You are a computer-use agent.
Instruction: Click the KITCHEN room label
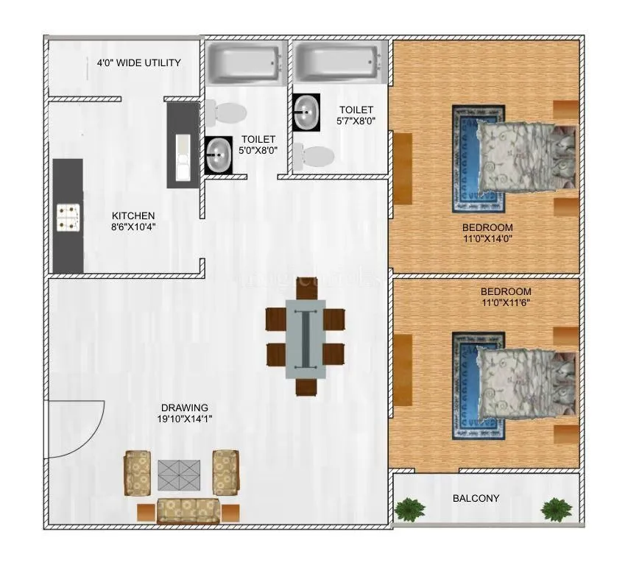[133, 216]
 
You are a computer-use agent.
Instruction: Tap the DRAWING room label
[185, 407]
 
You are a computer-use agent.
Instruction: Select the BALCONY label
[476, 498]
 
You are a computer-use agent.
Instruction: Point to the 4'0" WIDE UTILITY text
[139, 63]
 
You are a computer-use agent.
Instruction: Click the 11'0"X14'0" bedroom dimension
[487, 238]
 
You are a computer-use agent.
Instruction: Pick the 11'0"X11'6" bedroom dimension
[506, 302]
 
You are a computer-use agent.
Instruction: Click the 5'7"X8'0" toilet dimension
[356, 121]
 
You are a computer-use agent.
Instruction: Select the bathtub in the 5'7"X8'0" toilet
[337, 64]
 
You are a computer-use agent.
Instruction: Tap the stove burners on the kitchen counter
[68, 216]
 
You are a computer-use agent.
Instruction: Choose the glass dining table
[306, 338]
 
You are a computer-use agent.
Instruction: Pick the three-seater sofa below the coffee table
[188, 510]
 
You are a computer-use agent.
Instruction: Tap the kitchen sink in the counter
[183, 157]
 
